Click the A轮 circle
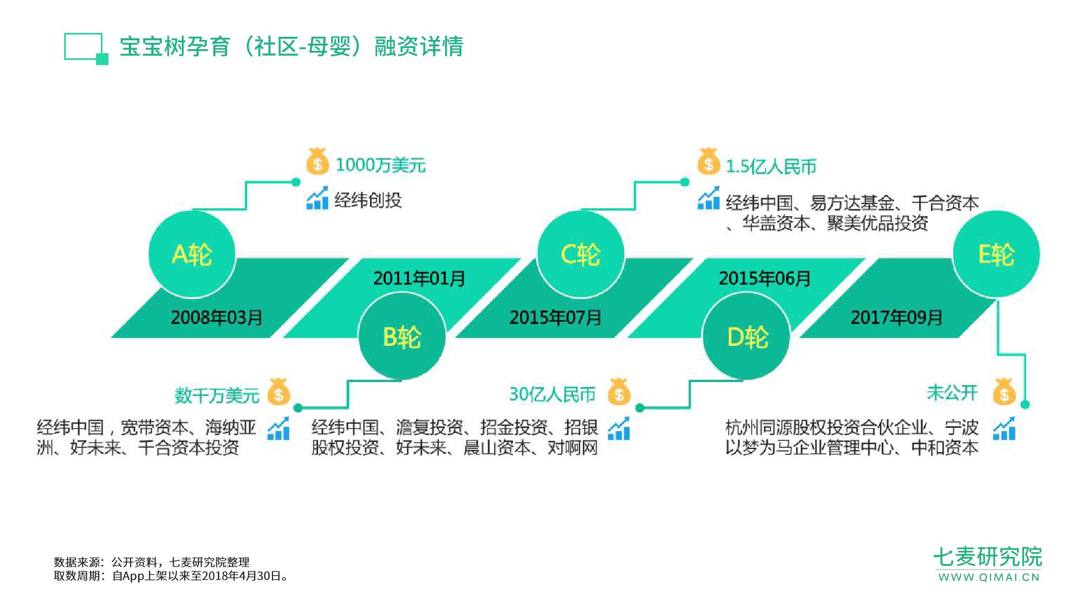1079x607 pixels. click(x=192, y=254)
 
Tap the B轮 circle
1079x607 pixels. click(x=402, y=337)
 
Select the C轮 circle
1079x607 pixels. click(x=581, y=254)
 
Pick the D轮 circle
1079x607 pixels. click(x=747, y=337)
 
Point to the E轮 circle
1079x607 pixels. click(x=996, y=254)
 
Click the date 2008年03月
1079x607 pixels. click(x=217, y=317)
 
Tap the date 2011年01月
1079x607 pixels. click(x=419, y=278)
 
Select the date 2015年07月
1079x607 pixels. click(x=556, y=317)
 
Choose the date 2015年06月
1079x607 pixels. click(x=764, y=278)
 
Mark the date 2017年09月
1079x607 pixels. click(x=897, y=317)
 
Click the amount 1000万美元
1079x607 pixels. click(x=380, y=165)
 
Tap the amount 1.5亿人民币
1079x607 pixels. click(x=771, y=167)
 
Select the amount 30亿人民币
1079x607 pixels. click(x=552, y=394)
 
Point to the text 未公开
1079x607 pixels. click(x=952, y=393)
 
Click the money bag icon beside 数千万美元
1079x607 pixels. click(x=279, y=392)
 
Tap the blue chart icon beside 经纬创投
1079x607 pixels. click(x=317, y=198)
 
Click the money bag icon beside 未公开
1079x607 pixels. click(x=1004, y=392)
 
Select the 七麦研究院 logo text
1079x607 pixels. click(x=988, y=557)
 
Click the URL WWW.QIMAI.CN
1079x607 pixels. click(x=989, y=577)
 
